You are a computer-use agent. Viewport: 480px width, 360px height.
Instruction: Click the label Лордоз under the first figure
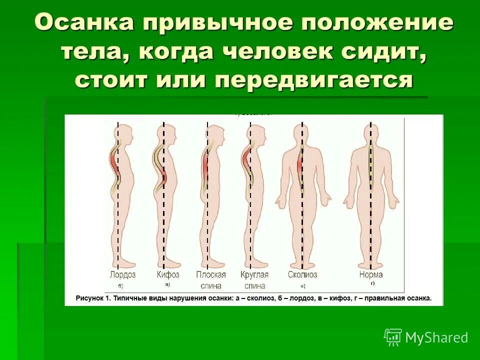(122, 275)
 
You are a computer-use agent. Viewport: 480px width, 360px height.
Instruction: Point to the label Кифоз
(167, 275)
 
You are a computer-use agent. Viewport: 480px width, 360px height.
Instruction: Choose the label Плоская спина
(210, 280)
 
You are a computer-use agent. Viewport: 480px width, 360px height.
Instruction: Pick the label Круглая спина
(254, 280)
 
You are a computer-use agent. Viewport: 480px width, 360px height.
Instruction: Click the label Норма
(370, 275)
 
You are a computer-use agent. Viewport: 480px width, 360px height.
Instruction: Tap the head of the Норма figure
(371, 133)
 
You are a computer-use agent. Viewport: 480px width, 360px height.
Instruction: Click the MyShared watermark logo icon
(393, 337)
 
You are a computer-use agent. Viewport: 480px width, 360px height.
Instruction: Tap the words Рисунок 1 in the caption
(92, 298)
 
